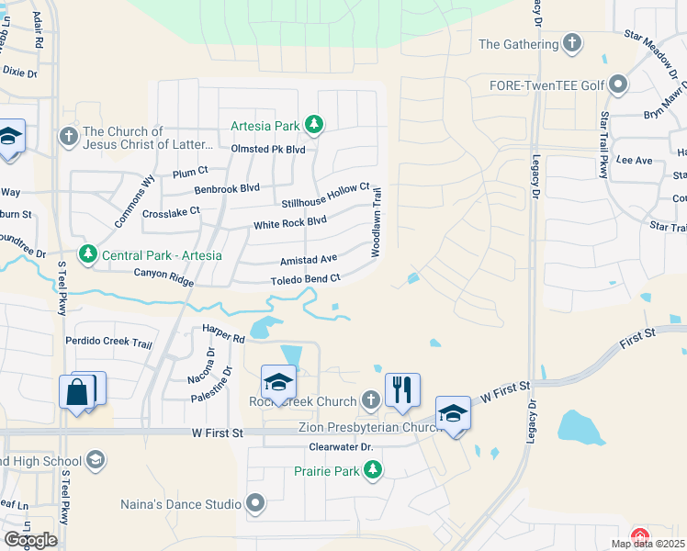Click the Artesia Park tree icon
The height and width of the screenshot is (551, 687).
pyautogui.click(x=314, y=124)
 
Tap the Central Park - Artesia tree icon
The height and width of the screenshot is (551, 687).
pyautogui.click(x=88, y=254)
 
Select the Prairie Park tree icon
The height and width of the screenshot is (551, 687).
pyautogui.click(x=372, y=470)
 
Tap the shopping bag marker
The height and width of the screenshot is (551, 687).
pyautogui.click(x=79, y=390)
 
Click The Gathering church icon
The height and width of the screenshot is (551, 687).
pyautogui.click(x=572, y=43)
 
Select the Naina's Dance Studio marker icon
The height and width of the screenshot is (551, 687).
pyautogui.click(x=255, y=503)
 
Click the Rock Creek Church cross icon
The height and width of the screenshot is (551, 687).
pyautogui.click(x=370, y=400)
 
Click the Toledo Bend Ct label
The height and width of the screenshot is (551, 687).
pyautogui.click(x=305, y=279)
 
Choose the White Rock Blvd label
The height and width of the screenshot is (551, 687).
pyautogui.click(x=290, y=221)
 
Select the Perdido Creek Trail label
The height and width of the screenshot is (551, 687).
pyautogui.click(x=108, y=343)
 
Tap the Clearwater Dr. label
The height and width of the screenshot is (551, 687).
pyautogui.click(x=340, y=447)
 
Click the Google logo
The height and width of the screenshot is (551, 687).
pyautogui.click(x=30, y=540)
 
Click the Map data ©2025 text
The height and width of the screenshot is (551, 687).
pyautogui.click(x=648, y=544)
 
